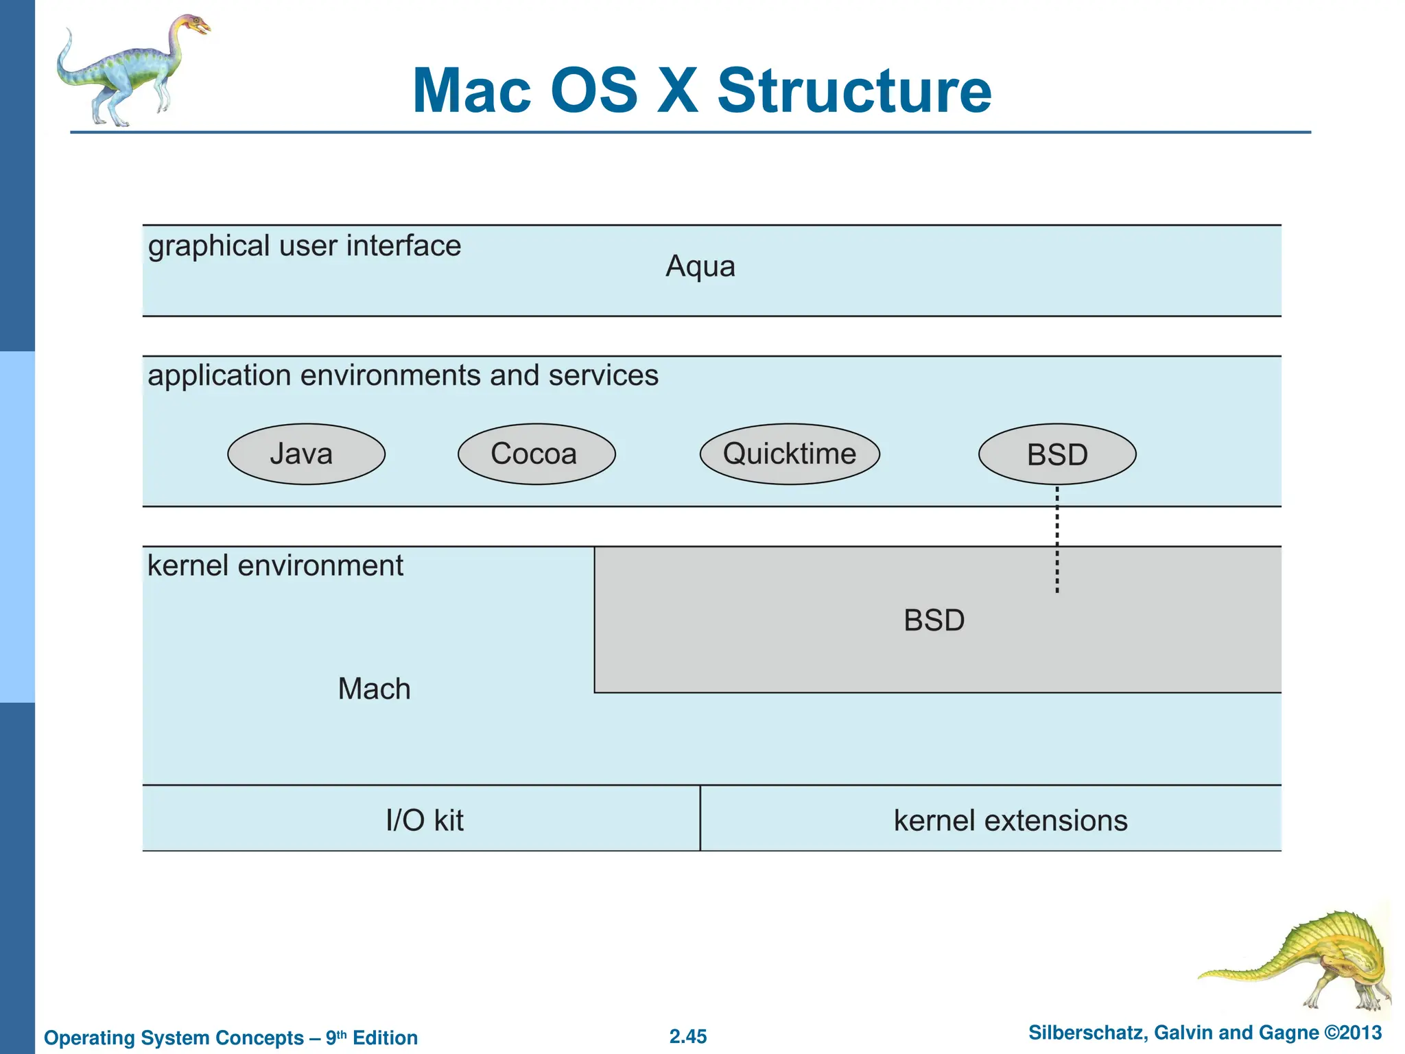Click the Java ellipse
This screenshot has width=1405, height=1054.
tap(306, 454)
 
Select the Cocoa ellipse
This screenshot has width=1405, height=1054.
tap(536, 454)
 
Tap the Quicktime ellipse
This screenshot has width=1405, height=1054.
tap(790, 454)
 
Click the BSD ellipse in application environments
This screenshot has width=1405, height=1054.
tap(1057, 454)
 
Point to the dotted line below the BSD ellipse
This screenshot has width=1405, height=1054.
tap(1057, 539)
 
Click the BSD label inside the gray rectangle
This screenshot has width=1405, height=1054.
tap(934, 620)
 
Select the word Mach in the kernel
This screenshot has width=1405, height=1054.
tap(374, 689)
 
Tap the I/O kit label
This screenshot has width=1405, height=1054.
tap(425, 821)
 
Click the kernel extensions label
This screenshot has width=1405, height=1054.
tap(1010, 821)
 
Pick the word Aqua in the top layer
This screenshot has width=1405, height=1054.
tap(700, 266)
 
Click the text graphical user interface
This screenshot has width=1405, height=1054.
tap(304, 246)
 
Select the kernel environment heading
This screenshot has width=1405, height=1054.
tap(275, 566)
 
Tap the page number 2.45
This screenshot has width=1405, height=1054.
tap(688, 1036)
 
